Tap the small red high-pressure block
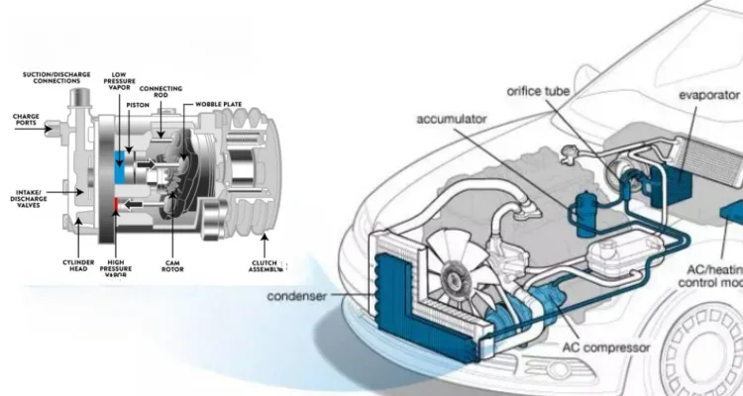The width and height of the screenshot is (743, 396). click(116, 204)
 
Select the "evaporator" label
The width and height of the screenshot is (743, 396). click(709, 94)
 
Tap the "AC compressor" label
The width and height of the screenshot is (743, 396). click(607, 347)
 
